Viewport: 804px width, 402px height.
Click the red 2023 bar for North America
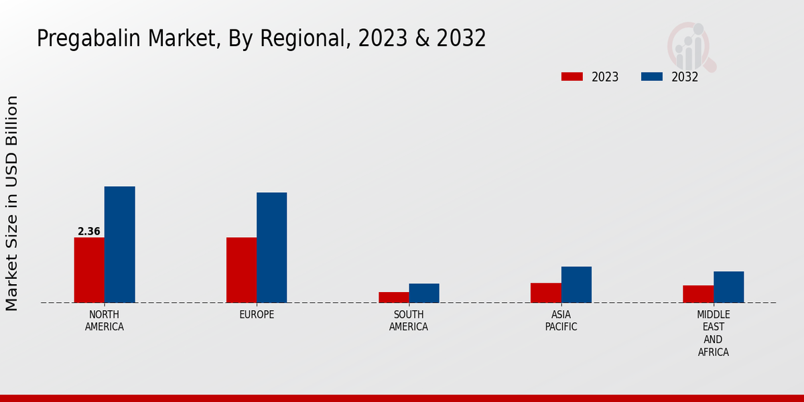point(89,270)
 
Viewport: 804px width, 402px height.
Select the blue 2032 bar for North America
point(120,245)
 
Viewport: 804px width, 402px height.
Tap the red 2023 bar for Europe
point(241,270)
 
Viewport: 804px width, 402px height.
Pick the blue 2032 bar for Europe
point(272,247)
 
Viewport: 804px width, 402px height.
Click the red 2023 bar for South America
point(393,297)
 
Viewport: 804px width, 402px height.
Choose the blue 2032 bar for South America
point(424,293)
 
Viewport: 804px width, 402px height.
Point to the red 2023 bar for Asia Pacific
point(546,293)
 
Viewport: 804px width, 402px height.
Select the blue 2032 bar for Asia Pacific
point(576,285)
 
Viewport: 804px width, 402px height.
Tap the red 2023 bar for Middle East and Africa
point(698,294)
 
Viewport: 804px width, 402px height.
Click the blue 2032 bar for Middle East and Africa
point(729,287)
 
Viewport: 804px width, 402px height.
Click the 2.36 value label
point(89,232)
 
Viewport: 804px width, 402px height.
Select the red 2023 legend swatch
point(572,77)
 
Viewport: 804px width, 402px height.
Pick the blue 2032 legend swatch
point(652,77)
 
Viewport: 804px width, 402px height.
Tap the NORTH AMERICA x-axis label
point(105,321)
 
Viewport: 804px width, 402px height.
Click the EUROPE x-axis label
point(257,315)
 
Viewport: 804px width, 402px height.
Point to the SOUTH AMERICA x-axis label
point(409,321)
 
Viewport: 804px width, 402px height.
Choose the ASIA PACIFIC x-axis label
point(561,321)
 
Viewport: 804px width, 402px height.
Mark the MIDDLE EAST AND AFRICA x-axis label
point(714,333)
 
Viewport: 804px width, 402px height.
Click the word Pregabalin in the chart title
point(81,39)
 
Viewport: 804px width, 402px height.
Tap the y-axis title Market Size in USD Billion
point(12,203)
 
